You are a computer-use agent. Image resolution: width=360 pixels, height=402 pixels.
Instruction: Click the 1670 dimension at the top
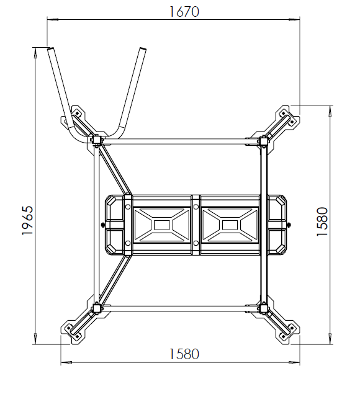point(184,12)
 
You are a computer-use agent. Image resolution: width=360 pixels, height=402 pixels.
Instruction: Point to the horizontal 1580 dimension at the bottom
point(184,354)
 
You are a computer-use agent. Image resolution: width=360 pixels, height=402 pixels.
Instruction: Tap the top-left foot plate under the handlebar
point(78,118)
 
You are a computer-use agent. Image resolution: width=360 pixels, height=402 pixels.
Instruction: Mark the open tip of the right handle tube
point(142,50)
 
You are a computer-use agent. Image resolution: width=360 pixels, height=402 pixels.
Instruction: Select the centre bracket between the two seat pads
point(196,224)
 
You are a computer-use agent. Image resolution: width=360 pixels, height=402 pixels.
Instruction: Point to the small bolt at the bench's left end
point(102,224)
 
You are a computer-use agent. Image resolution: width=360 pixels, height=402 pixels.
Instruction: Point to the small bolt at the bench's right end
point(290,224)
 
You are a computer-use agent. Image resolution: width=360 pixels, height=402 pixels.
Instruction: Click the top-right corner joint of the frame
point(263,141)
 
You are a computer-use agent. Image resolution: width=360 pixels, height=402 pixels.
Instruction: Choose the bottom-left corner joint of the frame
point(97,308)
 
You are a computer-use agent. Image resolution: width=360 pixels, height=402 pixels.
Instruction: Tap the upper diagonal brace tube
point(116,169)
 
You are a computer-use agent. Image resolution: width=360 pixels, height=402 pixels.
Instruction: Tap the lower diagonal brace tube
point(115,282)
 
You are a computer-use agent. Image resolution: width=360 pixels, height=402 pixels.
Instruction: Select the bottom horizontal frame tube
point(180,308)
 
